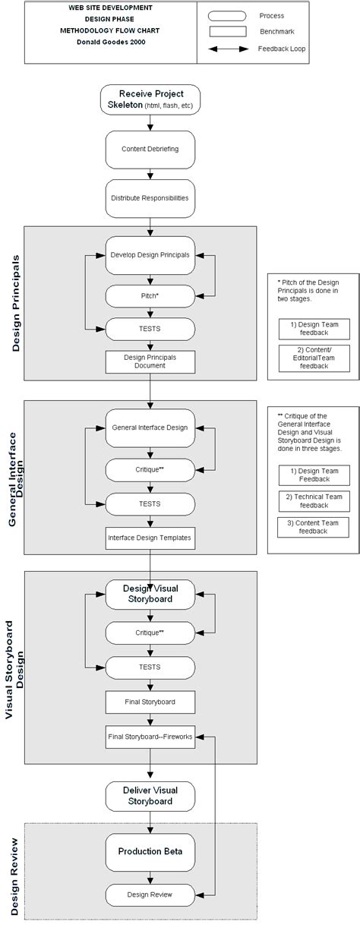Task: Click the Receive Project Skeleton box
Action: pyautogui.click(x=150, y=99)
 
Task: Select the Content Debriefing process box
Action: pyautogui.click(x=150, y=149)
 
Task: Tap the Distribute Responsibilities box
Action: pyautogui.click(x=150, y=197)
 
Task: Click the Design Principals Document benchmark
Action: pyautogui.click(x=150, y=361)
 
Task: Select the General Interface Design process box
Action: pyautogui.click(x=150, y=427)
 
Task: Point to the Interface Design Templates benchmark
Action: pyautogui.click(x=150, y=538)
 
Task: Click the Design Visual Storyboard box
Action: pyautogui.click(x=150, y=594)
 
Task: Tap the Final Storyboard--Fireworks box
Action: pyautogui.click(x=150, y=736)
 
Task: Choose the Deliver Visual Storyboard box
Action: pyautogui.click(x=150, y=796)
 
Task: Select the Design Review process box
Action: pyautogui.click(x=150, y=894)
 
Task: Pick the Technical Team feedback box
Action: pyautogui.click(x=314, y=501)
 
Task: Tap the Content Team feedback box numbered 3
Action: pyautogui.click(x=314, y=527)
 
